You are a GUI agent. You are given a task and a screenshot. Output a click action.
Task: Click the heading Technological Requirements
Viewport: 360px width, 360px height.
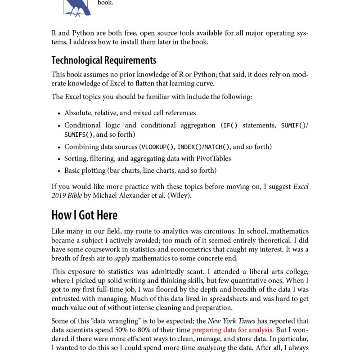click(103, 60)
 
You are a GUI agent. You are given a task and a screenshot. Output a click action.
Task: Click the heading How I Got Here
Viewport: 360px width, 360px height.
click(84, 215)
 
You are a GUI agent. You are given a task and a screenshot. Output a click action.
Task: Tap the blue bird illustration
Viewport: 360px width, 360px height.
click(77, 8)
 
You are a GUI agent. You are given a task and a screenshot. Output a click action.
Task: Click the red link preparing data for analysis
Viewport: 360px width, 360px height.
click(232, 330)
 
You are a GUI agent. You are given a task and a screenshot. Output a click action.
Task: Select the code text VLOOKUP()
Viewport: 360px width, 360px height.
click(157, 147)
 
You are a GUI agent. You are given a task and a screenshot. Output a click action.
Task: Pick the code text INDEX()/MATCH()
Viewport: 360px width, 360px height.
click(203, 147)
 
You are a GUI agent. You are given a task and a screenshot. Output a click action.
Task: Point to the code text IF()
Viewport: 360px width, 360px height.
click(230, 126)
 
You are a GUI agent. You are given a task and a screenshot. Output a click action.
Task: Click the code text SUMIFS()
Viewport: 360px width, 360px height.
click(79, 135)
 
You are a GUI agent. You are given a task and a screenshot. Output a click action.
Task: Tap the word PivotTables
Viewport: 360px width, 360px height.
click(211, 158)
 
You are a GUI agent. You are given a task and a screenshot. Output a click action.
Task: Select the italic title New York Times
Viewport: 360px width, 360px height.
click(231, 321)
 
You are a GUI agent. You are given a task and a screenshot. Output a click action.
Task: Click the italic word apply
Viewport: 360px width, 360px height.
click(122, 258)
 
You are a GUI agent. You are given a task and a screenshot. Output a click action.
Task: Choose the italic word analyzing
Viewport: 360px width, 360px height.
click(211, 348)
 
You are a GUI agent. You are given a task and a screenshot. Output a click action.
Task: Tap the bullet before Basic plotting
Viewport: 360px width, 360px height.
click(59, 171)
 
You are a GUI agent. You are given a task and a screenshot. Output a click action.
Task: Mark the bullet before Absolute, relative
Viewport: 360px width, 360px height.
click(59, 113)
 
